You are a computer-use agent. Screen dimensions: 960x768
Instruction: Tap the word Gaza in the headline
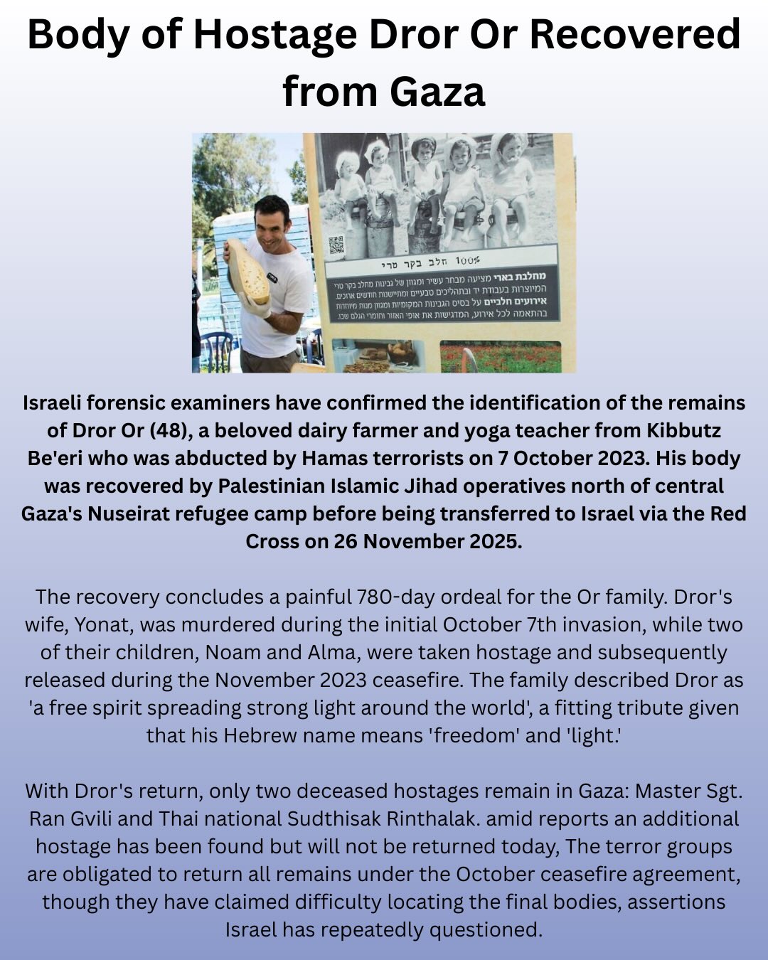click(436, 92)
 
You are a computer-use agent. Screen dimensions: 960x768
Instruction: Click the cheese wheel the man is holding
click(247, 272)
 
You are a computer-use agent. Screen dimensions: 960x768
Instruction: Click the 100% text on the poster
click(468, 260)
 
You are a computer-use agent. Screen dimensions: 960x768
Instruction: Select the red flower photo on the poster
click(500, 357)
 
